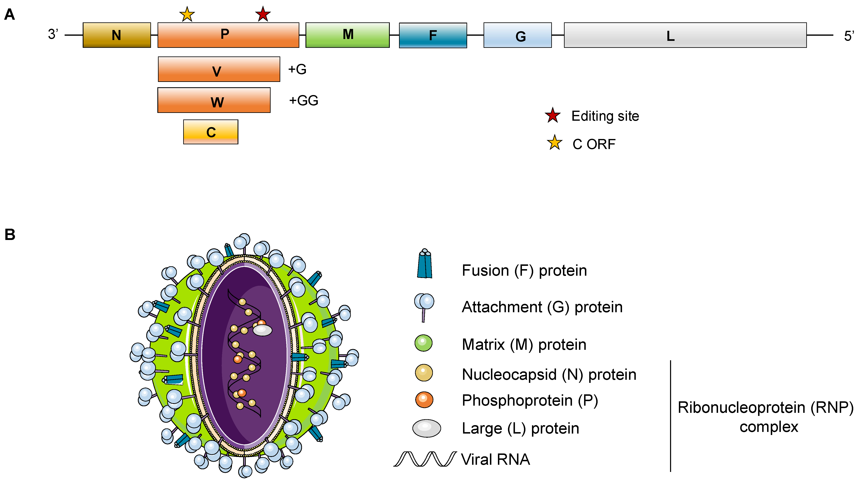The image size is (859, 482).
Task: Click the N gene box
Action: [x=117, y=35]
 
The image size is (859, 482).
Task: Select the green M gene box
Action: [x=348, y=35]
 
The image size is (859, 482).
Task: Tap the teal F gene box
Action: [x=433, y=35]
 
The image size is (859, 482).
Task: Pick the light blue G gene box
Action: [x=518, y=35]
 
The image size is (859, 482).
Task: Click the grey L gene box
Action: [x=685, y=35]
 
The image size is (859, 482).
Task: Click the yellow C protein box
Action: [x=211, y=132]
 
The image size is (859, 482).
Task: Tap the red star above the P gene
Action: [x=263, y=14]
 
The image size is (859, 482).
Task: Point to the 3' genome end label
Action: [x=53, y=34]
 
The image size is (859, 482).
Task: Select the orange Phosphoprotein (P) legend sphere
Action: [x=424, y=400]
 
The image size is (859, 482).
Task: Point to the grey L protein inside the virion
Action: [x=262, y=330]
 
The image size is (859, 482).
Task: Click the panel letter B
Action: [x=10, y=234]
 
